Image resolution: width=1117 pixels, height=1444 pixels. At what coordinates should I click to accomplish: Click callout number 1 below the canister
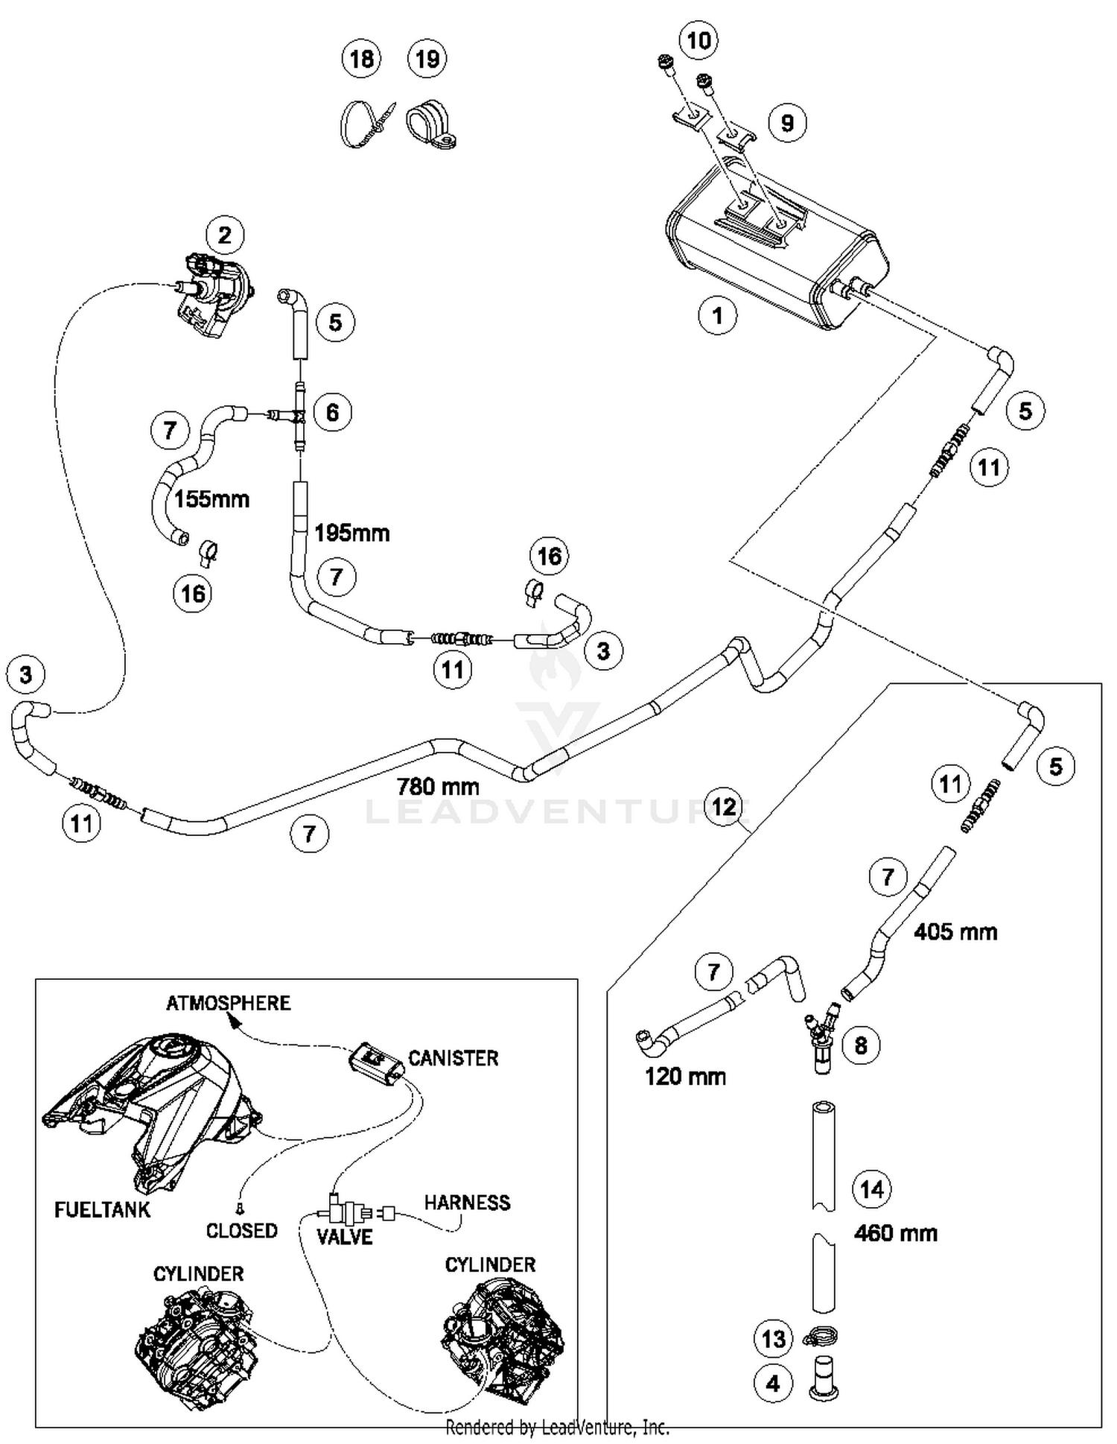coord(717,315)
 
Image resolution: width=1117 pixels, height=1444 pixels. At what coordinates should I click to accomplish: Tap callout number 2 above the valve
coord(225,235)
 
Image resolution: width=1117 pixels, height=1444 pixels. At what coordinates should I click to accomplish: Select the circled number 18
coord(361,58)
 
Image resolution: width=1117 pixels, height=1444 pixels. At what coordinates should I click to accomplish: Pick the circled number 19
coord(427,58)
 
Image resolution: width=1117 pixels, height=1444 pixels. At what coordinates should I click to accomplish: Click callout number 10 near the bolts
coord(698,40)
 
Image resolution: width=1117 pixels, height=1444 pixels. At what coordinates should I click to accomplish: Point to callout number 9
coord(787,123)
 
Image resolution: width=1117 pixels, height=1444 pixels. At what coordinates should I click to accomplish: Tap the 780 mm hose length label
coord(438,787)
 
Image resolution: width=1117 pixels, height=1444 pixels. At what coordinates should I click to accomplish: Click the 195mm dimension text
coord(351,533)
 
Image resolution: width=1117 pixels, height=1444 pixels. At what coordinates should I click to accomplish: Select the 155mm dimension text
coord(212,498)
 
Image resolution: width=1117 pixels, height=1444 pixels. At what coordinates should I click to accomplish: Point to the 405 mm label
coord(955,931)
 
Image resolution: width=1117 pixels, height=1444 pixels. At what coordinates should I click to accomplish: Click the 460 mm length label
coord(895,1233)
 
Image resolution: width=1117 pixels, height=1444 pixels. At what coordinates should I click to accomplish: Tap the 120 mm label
coord(685,1077)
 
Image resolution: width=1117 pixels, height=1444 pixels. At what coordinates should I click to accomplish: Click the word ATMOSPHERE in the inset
coord(228,1003)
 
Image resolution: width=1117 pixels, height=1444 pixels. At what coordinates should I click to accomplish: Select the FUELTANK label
coord(102,1210)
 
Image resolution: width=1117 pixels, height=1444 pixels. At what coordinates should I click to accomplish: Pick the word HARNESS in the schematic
coord(467,1203)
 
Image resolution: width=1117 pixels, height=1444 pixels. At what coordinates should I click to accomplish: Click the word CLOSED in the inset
coord(241,1231)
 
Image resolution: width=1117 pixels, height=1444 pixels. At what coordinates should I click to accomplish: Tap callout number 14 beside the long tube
coord(871,1189)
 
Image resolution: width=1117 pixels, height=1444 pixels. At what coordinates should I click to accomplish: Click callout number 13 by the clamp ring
coord(774,1339)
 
